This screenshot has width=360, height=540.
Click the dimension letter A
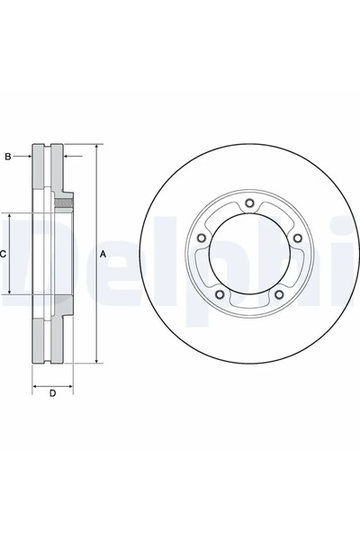[x=103, y=255]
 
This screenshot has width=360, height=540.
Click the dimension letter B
[x=7, y=157]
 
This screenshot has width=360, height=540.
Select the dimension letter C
[x=4, y=255]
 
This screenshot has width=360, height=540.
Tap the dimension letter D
[x=52, y=393]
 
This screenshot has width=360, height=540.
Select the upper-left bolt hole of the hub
[x=201, y=238]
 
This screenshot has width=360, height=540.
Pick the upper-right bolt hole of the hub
[x=296, y=238]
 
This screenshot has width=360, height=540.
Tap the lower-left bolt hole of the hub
[x=219, y=294]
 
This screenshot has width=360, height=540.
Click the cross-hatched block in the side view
[x=62, y=202]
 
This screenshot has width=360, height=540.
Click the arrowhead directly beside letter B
[x=29, y=157]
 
